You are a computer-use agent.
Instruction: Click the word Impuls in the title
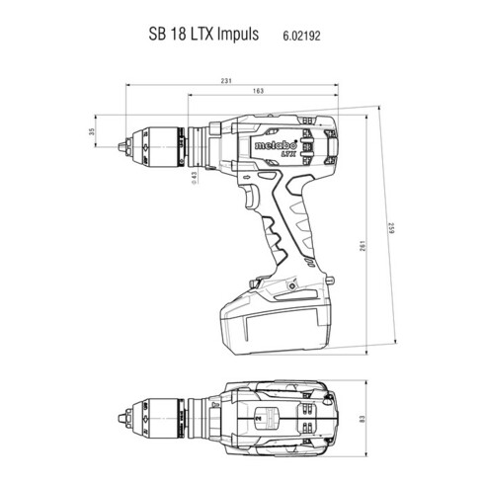[235, 34]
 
